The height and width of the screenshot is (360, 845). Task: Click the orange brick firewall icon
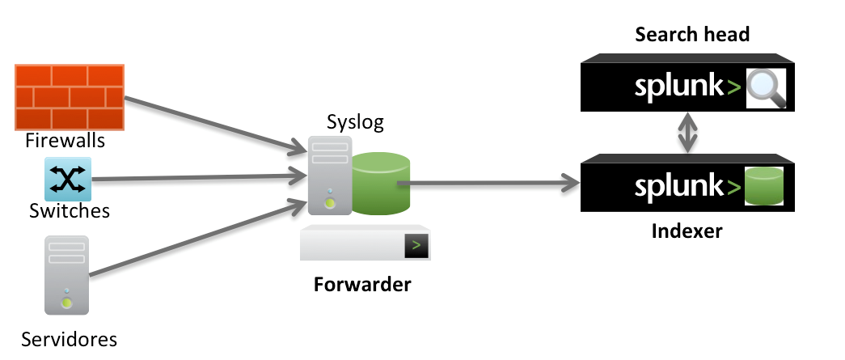click(70, 97)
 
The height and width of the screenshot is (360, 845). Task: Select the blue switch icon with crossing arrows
click(68, 179)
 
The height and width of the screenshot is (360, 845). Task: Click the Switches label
click(69, 211)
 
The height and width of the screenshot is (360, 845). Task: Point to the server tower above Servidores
click(67, 274)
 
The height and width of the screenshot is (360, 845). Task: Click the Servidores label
click(70, 338)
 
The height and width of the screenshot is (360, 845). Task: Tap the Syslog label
click(355, 122)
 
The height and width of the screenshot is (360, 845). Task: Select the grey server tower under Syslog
click(329, 176)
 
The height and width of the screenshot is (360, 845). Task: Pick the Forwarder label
click(362, 285)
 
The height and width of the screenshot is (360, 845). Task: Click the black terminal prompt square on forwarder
click(416, 244)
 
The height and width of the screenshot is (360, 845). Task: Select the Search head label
click(692, 35)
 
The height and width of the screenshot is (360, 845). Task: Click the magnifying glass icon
click(766, 87)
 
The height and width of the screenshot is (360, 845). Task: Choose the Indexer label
click(687, 232)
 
